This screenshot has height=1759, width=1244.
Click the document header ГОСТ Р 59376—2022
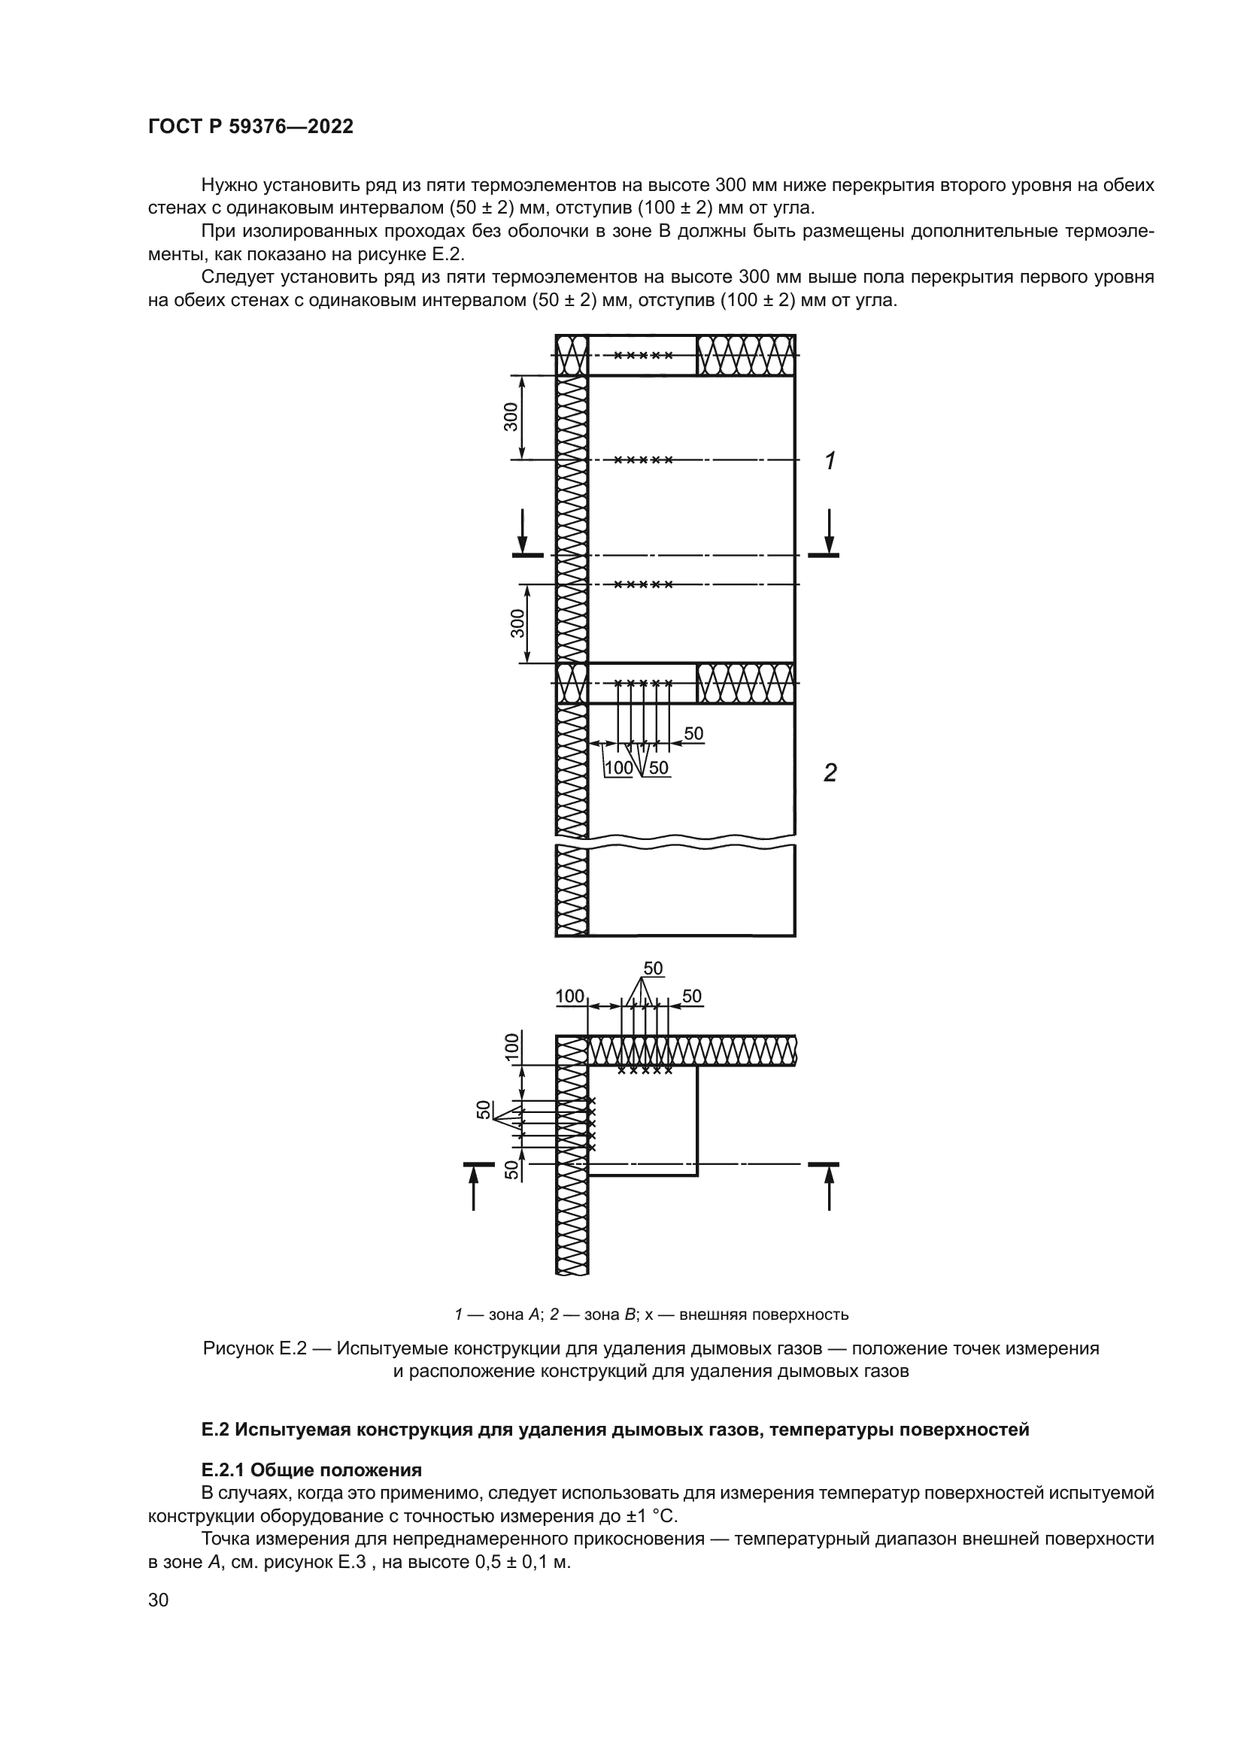[250, 127]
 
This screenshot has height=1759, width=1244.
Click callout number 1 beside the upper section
[830, 461]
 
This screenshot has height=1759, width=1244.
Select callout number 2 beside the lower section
[830, 774]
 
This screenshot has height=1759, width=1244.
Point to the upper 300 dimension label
[511, 417]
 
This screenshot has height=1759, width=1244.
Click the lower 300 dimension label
[517, 623]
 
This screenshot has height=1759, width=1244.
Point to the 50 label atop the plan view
[653, 969]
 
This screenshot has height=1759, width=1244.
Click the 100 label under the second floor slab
[619, 768]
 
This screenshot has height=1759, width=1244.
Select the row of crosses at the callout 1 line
[645, 460]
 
